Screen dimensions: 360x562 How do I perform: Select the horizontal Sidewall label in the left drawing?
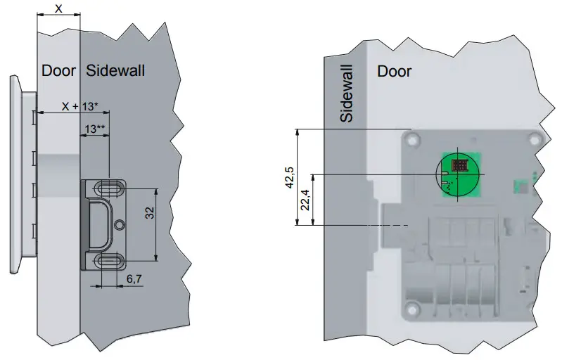116,70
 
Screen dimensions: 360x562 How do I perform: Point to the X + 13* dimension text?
79,106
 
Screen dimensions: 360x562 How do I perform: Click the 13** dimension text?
95,129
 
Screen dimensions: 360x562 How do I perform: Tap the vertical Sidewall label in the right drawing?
346,91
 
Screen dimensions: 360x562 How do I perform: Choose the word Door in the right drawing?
394,71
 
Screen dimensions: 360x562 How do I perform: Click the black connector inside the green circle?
461,167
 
